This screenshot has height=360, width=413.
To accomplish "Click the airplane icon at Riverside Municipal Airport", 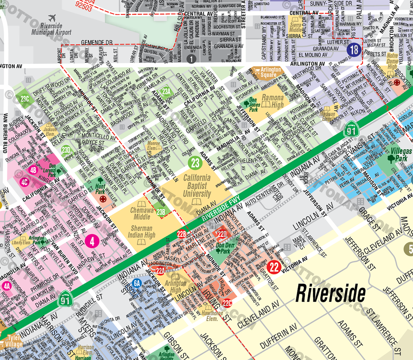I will (53, 18).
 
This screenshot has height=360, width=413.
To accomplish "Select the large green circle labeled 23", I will (195, 163).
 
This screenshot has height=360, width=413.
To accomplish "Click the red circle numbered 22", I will (274, 267).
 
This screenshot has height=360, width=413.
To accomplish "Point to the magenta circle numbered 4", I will (92, 240).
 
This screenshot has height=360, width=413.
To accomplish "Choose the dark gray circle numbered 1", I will (191, 59).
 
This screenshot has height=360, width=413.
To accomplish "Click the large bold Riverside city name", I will (330, 293).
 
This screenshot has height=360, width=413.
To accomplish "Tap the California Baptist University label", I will (197, 186).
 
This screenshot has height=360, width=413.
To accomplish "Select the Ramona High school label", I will (272, 101).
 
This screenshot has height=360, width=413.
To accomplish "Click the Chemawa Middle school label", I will (140, 213).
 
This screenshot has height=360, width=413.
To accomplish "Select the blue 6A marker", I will (137, 283).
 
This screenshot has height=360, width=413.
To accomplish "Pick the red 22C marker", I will (227, 303).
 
